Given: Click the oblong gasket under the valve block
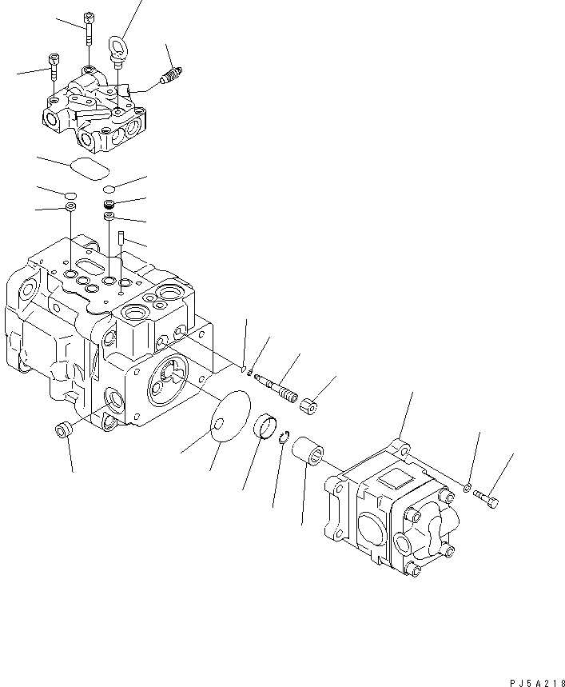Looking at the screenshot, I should click(89, 168).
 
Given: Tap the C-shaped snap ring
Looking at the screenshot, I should click(285, 437).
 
